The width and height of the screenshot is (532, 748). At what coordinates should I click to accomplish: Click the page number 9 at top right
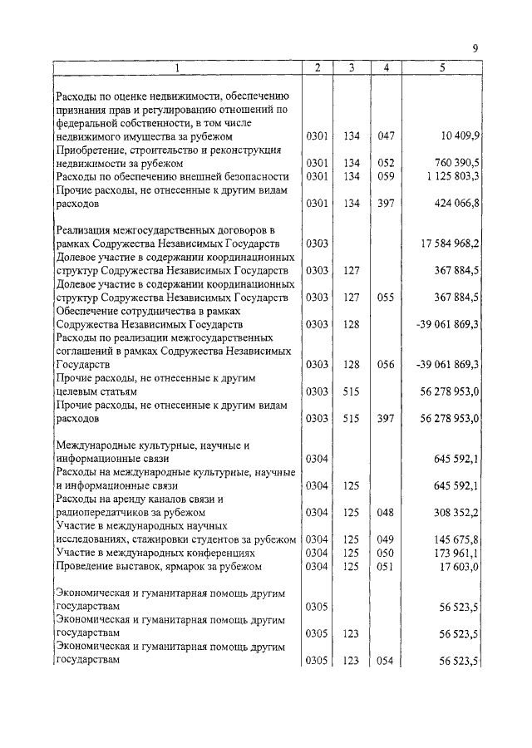[x=475, y=50]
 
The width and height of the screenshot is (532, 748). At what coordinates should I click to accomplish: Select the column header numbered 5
[x=442, y=67]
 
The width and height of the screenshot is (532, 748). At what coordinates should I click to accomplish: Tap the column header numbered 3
[x=352, y=67]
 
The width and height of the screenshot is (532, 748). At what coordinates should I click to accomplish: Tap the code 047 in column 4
[x=385, y=135]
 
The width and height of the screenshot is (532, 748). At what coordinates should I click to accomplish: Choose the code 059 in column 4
[x=385, y=176]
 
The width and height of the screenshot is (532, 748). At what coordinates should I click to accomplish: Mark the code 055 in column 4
[x=385, y=298]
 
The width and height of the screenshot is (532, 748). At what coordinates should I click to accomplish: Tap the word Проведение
[x=83, y=567]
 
